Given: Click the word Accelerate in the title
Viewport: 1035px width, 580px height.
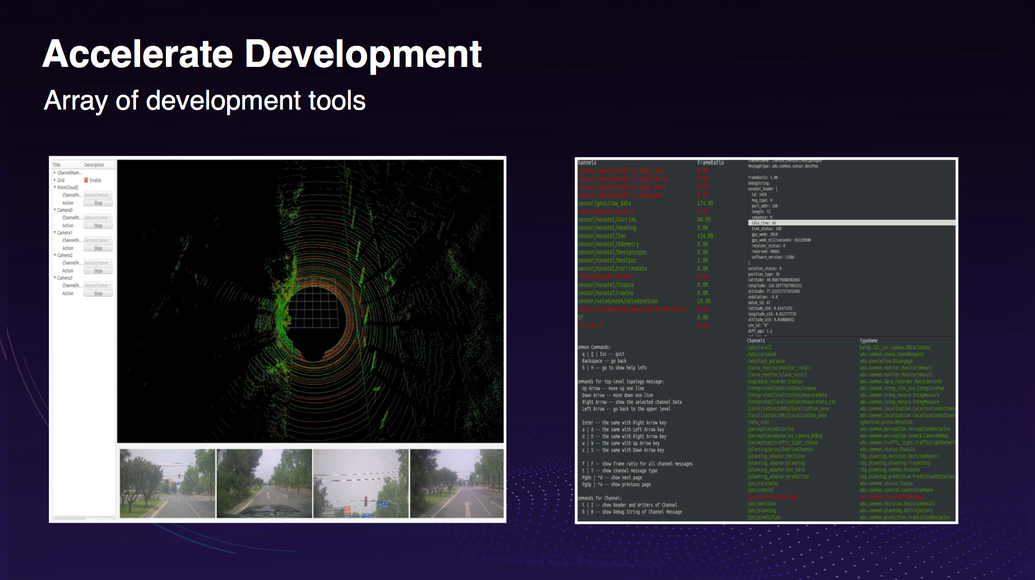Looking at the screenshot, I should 137,55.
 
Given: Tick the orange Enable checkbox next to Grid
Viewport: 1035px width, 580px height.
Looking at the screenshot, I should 86,180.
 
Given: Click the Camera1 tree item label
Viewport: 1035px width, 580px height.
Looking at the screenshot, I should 65,233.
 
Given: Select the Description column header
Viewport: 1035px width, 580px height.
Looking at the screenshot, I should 94,165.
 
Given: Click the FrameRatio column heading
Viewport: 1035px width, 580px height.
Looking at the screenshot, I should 710,163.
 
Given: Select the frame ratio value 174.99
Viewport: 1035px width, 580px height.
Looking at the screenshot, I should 705,203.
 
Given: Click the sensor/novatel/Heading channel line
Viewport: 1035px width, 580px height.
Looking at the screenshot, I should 607,228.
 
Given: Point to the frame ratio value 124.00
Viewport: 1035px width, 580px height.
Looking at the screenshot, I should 705,236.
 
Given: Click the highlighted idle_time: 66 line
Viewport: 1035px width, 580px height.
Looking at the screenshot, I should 763,223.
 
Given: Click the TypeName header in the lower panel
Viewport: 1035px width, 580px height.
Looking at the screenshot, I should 868,341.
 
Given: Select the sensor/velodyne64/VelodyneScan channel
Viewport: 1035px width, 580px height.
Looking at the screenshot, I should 617,301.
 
